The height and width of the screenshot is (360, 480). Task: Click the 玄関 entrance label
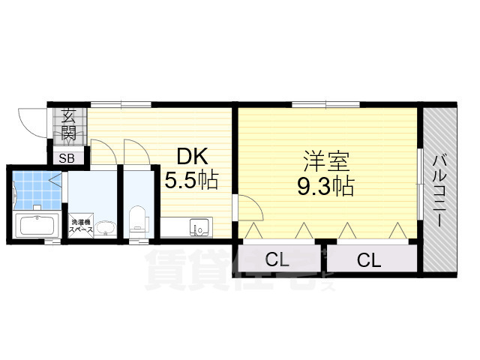pyautogui.click(x=68, y=125)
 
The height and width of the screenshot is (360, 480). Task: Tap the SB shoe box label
pyautogui.click(x=66, y=158)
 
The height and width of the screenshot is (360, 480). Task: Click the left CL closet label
pyautogui.click(x=277, y=260)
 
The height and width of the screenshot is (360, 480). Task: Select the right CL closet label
pyautogui.click(x=368, y=260)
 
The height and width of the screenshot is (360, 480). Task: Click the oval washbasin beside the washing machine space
pyautogui.click(x=106, y=227)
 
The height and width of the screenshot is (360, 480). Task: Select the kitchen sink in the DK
pyautogui.click(x=199, y=226)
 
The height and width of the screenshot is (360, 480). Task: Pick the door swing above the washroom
pyautogui.click(x=103, y=153)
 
